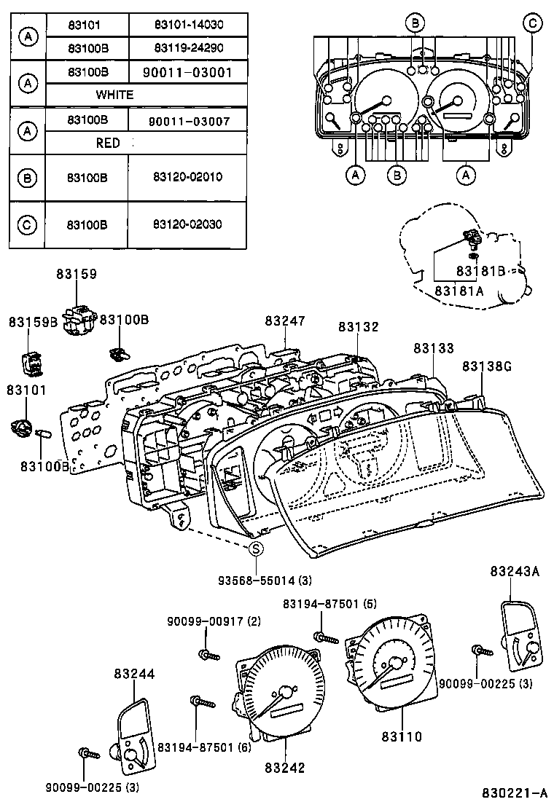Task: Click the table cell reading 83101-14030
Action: tap(188, 25)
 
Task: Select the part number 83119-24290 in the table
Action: tap(188, 48)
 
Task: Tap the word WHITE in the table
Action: tap(114, 95)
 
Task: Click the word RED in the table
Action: tap(108, 143)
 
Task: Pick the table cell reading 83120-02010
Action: tap(188, 177)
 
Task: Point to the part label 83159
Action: tap(77, 274)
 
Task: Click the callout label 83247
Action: tap(285, 321)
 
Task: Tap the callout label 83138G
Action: tap(485, 366)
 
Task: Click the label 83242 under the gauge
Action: tap(285, 767)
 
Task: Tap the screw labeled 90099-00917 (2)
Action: tap(208, 653)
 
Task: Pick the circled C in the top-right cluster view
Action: tap(533, 24)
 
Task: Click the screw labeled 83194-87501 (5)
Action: tap(325, 639)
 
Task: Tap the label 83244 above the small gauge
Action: tap(133, 675)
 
